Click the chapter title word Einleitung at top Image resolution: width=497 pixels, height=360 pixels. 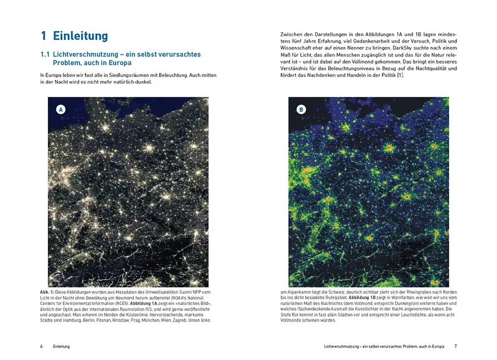coord(81,36)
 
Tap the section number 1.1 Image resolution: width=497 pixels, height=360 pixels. coord(46,54)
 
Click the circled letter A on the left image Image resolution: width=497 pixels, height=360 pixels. coord(61,110)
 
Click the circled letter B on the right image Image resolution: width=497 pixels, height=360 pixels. coord(301,110)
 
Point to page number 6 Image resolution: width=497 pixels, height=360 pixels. coord(41,346)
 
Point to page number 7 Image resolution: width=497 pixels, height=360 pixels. coord(455,346)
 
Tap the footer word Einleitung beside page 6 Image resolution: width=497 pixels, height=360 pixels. coord(61,346)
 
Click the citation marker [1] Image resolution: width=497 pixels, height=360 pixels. coord(400,76)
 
